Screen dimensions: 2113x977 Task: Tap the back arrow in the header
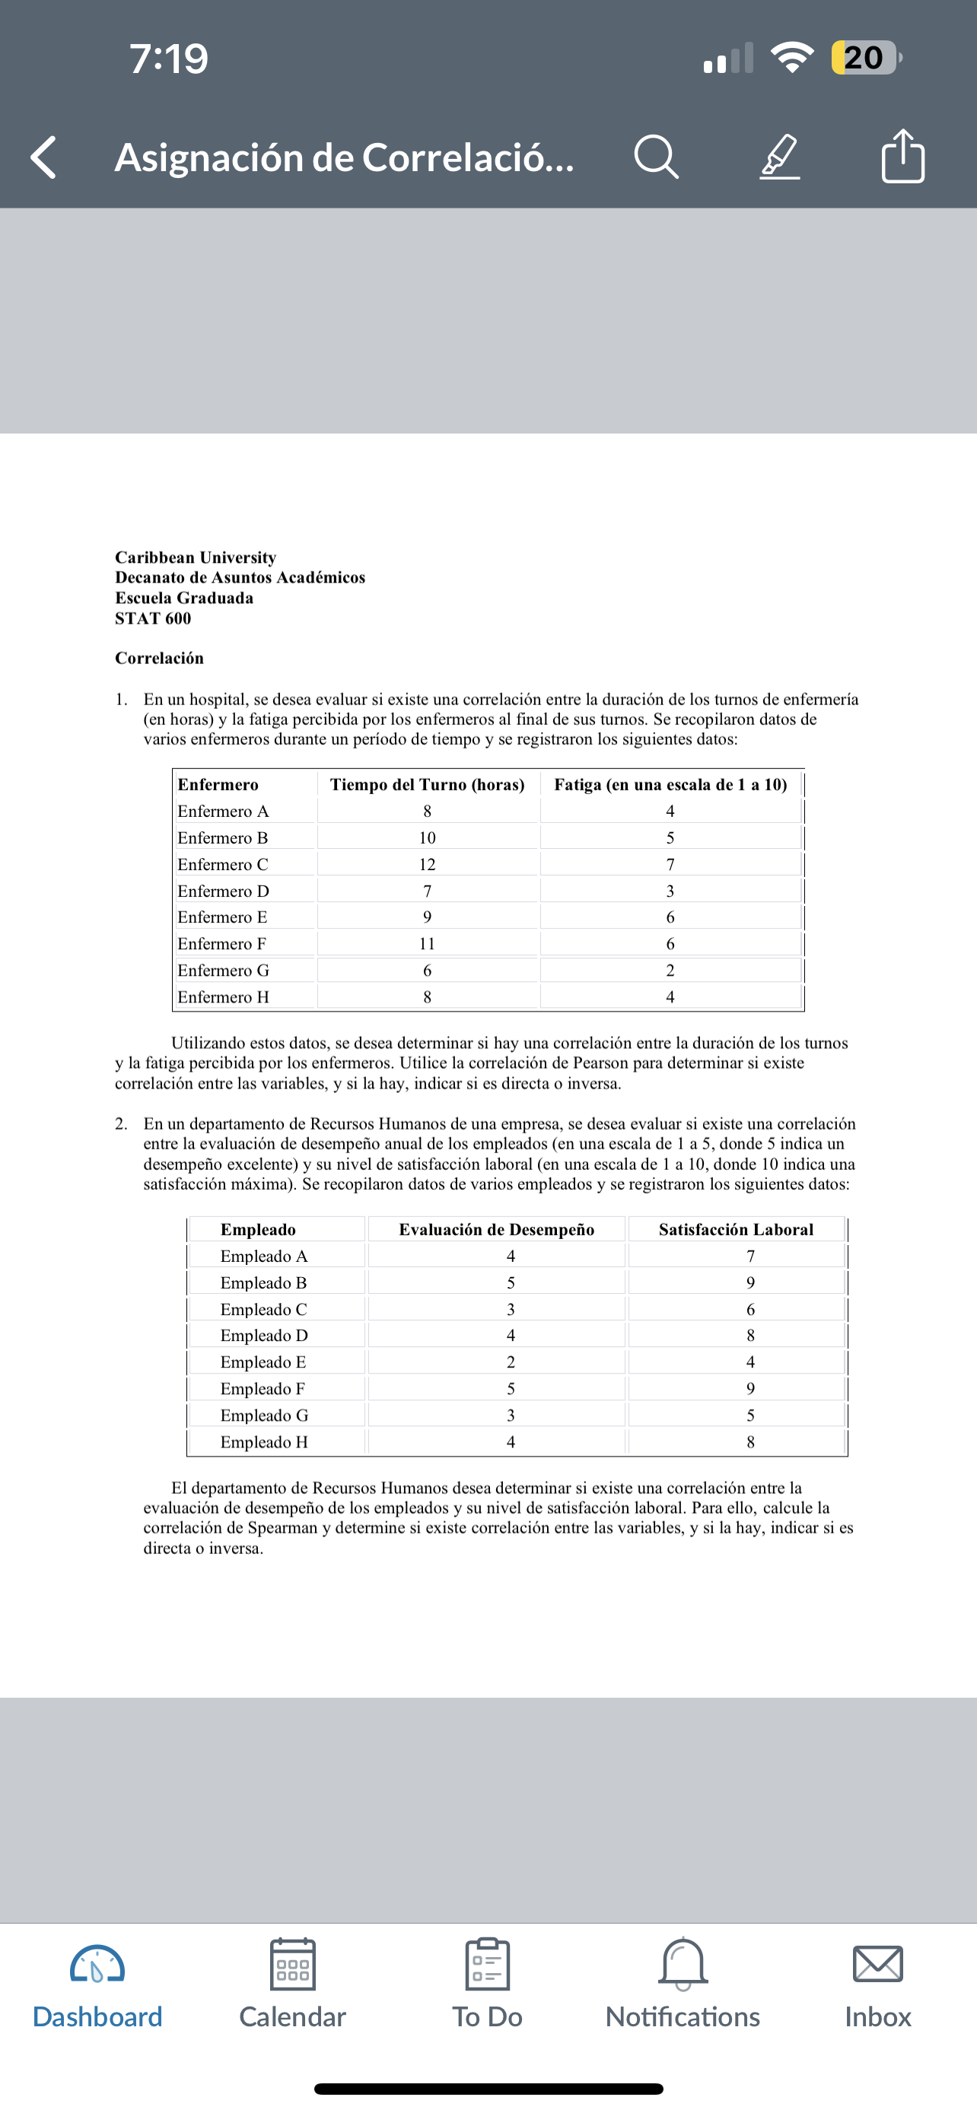coord(43,157)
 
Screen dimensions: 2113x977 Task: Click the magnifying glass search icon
coord(656,157)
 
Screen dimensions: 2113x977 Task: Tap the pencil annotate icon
coord(779,157)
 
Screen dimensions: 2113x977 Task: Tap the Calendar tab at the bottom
coord(292,1985)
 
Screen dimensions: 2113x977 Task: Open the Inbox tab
coord(878,1985)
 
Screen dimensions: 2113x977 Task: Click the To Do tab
coord(487,1985)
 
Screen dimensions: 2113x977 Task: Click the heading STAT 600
coord(153,618)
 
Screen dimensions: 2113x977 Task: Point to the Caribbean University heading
coord(196,557)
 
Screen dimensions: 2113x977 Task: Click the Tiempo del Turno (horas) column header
coord(427,784)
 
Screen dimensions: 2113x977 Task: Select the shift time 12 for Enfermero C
coord(427,864)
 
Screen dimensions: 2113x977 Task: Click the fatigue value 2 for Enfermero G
coord(670,971)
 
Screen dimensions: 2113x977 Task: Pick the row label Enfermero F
coord(221,943)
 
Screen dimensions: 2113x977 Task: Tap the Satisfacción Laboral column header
coord(736,1228)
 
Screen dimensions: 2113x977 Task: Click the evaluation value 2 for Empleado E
coord(511,1362)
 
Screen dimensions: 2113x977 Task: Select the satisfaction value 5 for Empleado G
coord(749,1415)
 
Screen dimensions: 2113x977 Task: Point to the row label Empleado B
coord(263,1282)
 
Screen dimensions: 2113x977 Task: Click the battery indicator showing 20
coord(864,57)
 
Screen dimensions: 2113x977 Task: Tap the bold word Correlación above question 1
coord(159,658)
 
